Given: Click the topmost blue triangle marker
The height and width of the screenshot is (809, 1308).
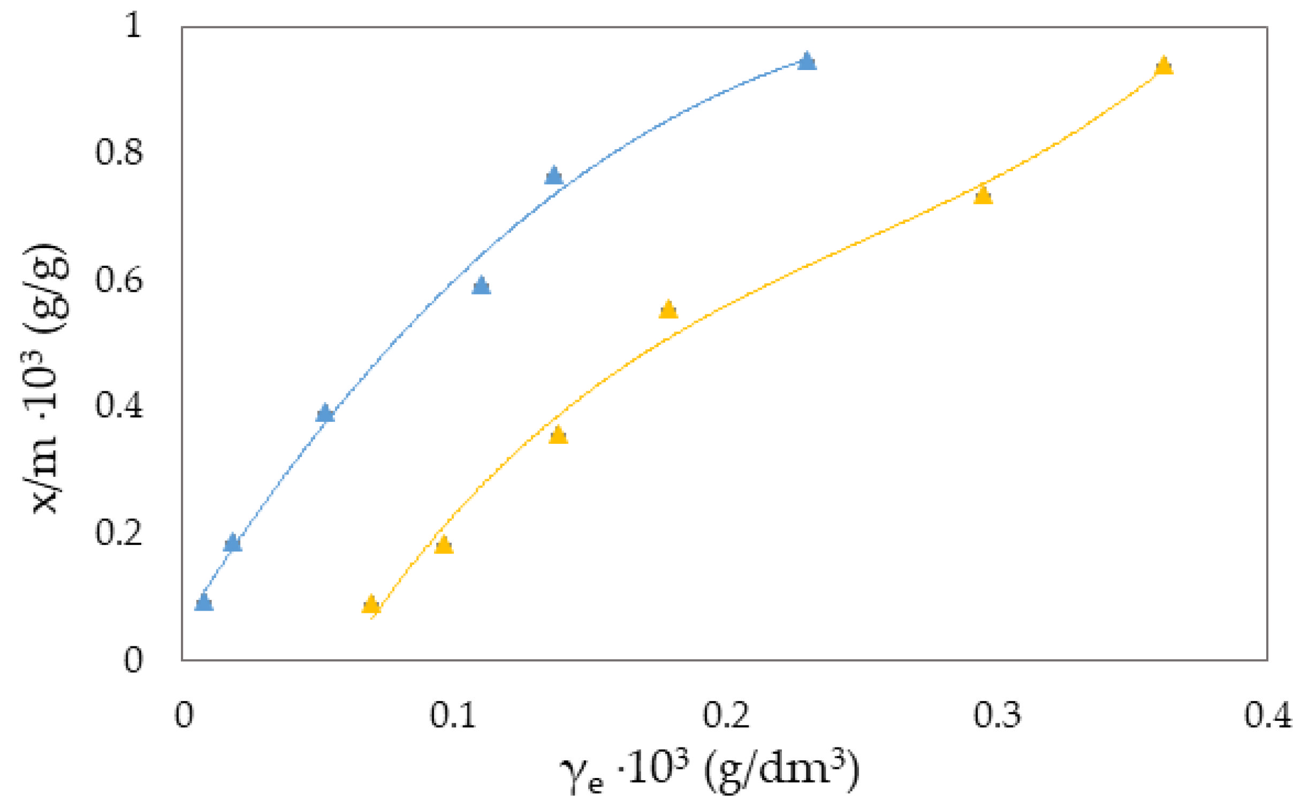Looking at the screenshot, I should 807,62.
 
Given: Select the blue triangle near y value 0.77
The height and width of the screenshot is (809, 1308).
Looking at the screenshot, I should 553,176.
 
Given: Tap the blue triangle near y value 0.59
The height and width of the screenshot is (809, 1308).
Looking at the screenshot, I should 481,286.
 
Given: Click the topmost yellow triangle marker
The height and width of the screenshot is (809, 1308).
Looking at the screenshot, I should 1163,66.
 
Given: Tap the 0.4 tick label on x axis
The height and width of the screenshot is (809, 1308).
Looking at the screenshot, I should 1267,715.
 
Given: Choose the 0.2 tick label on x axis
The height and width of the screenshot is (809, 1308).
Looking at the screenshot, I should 726,715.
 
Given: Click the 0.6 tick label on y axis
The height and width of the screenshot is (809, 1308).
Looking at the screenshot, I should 119,279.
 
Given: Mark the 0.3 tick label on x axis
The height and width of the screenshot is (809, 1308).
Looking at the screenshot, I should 997,715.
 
